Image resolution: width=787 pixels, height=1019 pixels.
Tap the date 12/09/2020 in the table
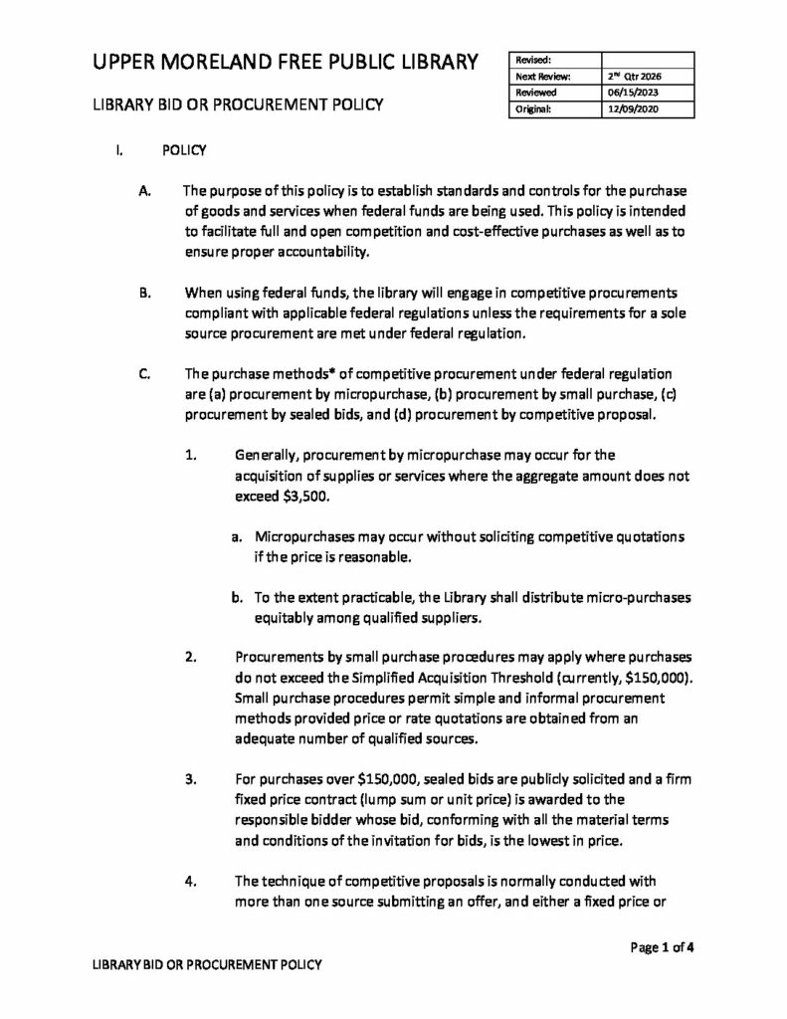(x=627, y=109)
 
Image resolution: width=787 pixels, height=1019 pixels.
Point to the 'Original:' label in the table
(x=534, y=109)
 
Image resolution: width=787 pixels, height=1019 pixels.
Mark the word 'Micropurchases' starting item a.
(x=305, y=536)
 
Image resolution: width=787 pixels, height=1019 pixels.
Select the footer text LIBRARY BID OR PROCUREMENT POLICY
(x=206, y=966)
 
